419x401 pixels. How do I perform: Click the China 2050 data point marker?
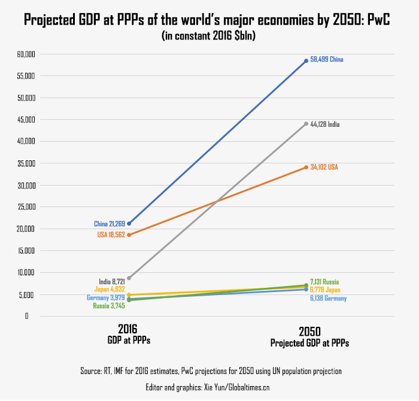click(306, 60)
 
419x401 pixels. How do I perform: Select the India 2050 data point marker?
click(306, 124)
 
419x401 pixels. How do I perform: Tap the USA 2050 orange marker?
click(306, 167)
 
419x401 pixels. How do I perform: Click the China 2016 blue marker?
click(129, 223)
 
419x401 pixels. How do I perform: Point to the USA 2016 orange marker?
click(129, 235)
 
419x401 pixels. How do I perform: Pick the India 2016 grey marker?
click(129, 278)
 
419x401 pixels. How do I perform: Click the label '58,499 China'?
click(326, 60)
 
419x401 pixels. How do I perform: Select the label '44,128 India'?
click(325, 124)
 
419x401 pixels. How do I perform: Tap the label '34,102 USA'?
click(324, 167)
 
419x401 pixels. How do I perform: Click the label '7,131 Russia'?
click(324, 281)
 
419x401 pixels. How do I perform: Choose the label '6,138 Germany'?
click(328, 298)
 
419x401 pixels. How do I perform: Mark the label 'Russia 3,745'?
click(108, 306)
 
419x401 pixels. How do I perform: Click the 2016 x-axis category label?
click(129, 329)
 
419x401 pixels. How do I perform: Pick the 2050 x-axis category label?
click(309, 332)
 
